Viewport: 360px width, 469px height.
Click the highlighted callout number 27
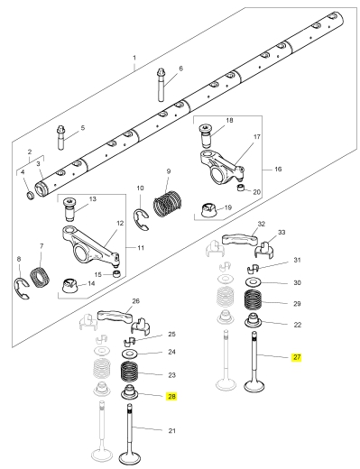click(297, 357)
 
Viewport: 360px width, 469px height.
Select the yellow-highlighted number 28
click(171, 397)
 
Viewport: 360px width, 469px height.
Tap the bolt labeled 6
click(162, 85)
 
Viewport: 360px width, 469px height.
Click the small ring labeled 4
click(31, 196)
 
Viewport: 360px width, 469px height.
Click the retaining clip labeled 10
click(141, 219)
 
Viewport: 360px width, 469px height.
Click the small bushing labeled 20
click(241, 189)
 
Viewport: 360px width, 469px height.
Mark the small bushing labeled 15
click(115, 274)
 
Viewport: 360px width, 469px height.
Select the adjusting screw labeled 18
click(207, 135)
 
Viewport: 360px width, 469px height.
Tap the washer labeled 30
click(254, 282)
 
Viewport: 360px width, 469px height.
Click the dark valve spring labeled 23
click(129, 372)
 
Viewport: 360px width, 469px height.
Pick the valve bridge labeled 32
click(240, 238)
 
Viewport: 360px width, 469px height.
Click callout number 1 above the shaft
click(134, 58)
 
